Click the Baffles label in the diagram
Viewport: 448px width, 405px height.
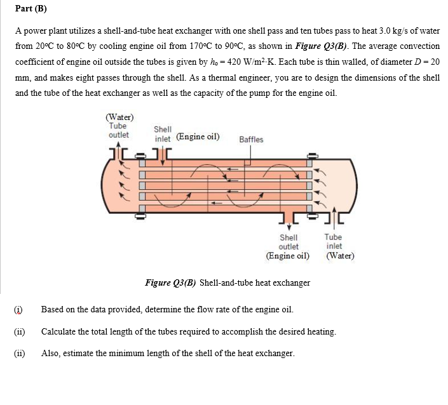pyautogui.click(x=251, y=140)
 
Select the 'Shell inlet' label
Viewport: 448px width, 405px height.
pyautogui.click(x=163, y=133)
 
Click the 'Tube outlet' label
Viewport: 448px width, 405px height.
pyautogui.click(x=118, y=130)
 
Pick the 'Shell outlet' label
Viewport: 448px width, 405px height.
pyautogui.click(x=288, y=242)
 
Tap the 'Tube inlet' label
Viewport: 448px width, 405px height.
pyautogui.click(x=334, y=241)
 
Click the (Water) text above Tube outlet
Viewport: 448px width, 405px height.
pyautogui.click(x=119, y=117)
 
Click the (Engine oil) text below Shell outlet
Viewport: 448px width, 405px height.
pyautogui.click(x=288, y=256)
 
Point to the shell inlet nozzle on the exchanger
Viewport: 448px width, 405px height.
pyautogui.click(x=163, y=154)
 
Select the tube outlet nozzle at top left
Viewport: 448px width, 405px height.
pyautogui.click(x=120, y=154)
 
